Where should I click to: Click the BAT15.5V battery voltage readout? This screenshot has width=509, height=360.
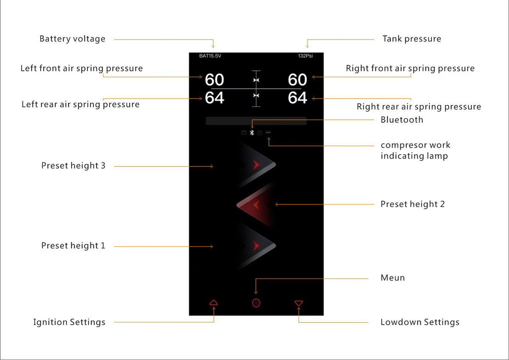pyautogui.click(x=210, y=56)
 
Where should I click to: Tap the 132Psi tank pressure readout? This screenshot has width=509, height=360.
pyautogui.click(x=305, y=56)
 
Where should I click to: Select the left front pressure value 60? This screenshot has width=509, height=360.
pyautogui.click(x=214, y=80)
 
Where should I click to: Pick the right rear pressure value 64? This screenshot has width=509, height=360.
pyautogui.click(x=297, y=98)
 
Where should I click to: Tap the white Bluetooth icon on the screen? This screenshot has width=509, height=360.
pyautogui.click(x=252, y=132)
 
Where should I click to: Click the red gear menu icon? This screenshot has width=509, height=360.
pyautogui.click(x=256, y=303)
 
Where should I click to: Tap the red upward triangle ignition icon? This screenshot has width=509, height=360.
pyautogui.click(x=214, y=302)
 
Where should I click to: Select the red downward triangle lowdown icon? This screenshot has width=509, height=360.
pyautogui.click(x=299, y=303)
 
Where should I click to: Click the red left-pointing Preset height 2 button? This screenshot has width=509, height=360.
pyautogui.click(x=255, y=205)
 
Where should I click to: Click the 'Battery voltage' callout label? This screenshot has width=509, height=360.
pyautogui.click(x=72, y=39)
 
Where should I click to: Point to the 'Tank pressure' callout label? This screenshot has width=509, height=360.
pyautogui.click(x=412, y=39)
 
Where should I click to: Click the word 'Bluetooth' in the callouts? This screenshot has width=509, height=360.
pyautogui.click(x=402, y=120)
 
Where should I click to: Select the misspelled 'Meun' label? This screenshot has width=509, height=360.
pyautogui.click(x=393, y=278)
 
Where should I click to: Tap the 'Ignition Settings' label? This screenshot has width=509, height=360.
pyautogui.click(x=69, y=322)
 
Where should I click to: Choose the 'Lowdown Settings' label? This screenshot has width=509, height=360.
pyautogui.click(x=420, y=322)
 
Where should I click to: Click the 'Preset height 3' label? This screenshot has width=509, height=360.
pyautogui.click(x=73, y=166)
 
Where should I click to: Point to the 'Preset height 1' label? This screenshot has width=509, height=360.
pyautogui.click(x=73, y=246)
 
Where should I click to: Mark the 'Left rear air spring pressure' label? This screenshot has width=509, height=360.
pyautogui.click(x=81, y=104)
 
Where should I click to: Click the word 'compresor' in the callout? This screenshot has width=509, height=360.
pyautogui.click(x=402, y=145)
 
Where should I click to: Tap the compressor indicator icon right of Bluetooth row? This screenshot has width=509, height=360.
pyautogui.click(x=268, y=132)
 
